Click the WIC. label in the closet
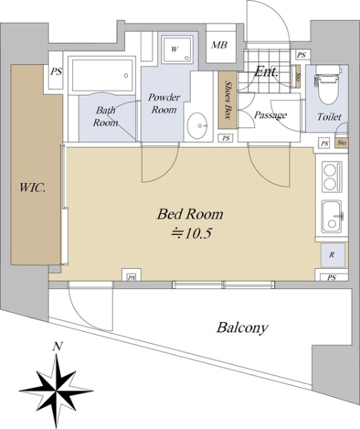coord(33,188)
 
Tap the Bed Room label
coord(190,214)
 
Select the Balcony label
coord(242,327)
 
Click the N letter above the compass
coord(57,347)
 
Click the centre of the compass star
coord(56,391)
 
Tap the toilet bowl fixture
coord(329,85)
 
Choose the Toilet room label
coord(329,117)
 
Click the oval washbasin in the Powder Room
coord(197,126)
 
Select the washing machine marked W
coord(177,50)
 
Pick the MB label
coord(219,45)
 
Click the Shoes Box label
coord(228,99)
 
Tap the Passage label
coord(270,115)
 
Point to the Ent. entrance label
coord(266,72)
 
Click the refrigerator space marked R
coord(332,255)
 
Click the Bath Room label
coord(105,117)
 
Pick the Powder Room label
coord(164,104)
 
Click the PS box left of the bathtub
coord(56,71)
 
